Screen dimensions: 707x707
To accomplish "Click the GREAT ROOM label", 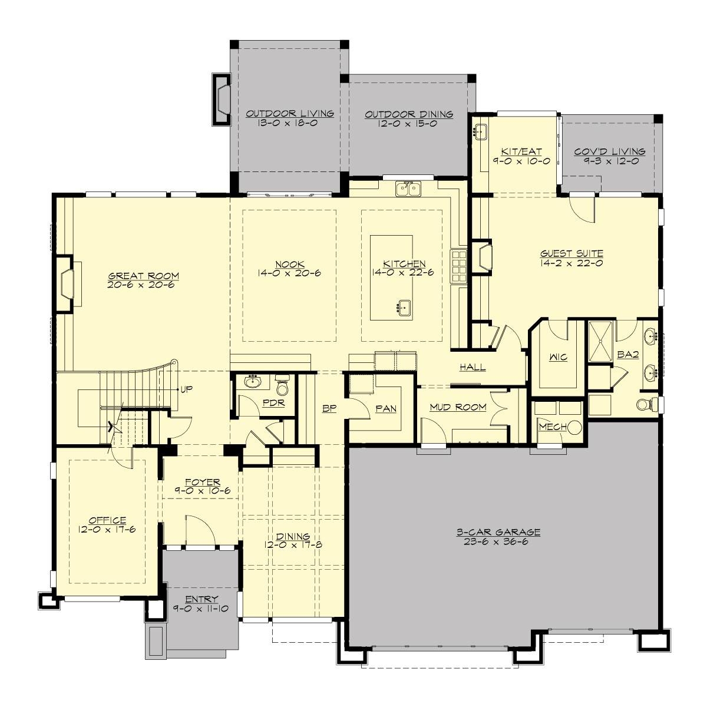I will pos(143,276).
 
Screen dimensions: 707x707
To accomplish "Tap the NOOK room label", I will pos(289,263).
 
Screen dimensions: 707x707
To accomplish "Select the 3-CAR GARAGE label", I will pos(498,532).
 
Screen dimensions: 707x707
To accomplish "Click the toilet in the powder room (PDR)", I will pos(282,388).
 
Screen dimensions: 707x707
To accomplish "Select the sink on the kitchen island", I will pos(404,306).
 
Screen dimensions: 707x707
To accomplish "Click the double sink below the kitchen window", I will pos(408,189).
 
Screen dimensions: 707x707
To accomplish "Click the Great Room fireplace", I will pos(67,282).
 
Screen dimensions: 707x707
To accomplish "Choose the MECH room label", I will pos(551,427).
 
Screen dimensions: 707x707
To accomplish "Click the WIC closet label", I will pos(558,358).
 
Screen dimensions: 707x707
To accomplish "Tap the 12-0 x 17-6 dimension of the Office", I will pos(107,529).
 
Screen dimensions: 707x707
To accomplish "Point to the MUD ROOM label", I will pos(458,407).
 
